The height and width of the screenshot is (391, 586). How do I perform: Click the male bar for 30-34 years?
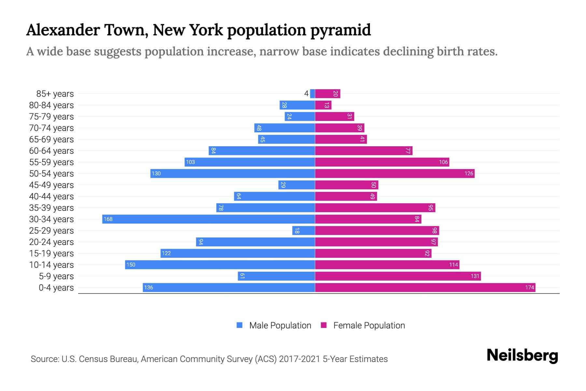(x=208, y=219)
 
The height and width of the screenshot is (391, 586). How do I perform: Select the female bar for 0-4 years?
(x=425, y=287)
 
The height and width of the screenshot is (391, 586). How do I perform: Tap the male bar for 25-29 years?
(x=303, y=230)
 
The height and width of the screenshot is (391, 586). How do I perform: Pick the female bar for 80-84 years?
(x=323, y=105)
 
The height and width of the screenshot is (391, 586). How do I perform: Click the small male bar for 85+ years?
(x=313, y=94)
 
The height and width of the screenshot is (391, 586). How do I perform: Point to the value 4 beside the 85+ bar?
(x=306, y=94)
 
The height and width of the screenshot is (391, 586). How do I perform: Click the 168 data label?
(x=108, y=219)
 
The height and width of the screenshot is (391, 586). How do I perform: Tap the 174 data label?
(x=529, y=287)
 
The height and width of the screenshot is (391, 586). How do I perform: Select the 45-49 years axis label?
(x=51, y=185)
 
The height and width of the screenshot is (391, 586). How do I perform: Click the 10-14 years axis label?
(x=51, y=265)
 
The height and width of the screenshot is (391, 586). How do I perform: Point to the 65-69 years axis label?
(x=51, y=139)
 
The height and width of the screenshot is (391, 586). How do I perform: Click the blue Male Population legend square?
(x=240, y=325)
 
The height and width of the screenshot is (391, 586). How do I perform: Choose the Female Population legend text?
(x=369, y=326)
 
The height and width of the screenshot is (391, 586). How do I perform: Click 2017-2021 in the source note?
(x=299, y=359)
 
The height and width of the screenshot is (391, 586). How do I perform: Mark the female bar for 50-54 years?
(x=395, y=173)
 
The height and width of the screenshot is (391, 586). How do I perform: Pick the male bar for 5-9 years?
(x=276, y=276)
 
